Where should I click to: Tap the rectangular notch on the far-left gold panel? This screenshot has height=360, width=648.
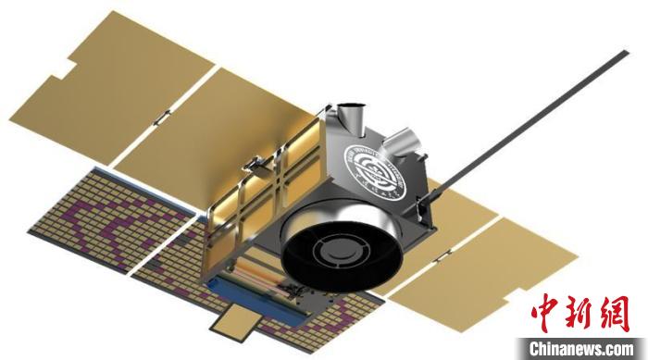click(x=67, y=69)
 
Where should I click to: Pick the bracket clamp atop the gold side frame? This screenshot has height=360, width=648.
click(x=251, y=165)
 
